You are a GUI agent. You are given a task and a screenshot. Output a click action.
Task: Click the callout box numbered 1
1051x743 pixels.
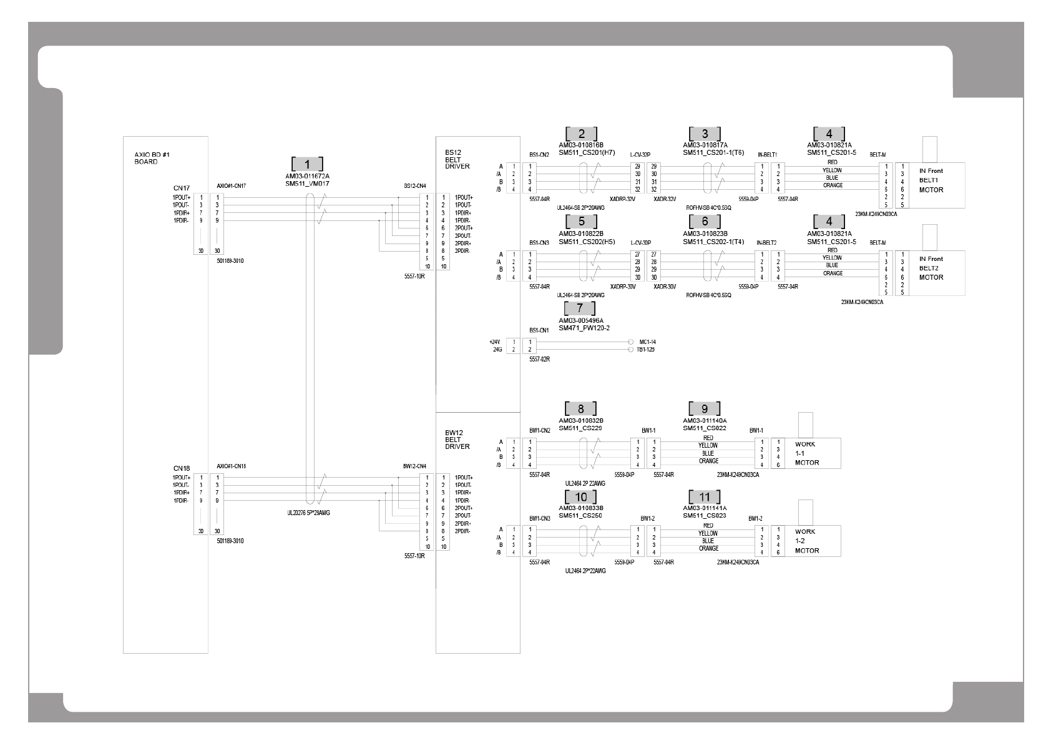click(307, 164)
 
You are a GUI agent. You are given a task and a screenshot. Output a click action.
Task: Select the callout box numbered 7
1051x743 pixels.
click(580, 308)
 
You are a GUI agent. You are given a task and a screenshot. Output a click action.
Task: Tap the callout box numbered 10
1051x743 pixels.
click(580, 497)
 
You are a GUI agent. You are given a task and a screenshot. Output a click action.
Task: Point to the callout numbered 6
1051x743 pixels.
click(705, 222)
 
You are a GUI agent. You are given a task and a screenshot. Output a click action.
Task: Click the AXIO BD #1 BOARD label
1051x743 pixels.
click(147, 158)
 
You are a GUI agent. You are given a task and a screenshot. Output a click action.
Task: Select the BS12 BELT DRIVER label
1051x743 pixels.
click(457, 159)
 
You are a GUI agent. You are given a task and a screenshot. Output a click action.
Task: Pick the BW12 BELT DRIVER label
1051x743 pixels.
click(457, 439)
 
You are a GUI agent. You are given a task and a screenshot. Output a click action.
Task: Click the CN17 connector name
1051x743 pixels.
click(182, 187)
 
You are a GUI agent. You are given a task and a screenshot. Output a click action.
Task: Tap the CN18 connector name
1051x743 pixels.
click(182, 468)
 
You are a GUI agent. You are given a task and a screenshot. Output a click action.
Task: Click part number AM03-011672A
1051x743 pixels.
click(307, 176)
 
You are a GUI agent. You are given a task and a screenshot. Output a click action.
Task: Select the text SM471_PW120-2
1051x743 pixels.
click(584, 328)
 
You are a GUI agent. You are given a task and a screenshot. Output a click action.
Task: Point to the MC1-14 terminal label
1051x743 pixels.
click(647, 342)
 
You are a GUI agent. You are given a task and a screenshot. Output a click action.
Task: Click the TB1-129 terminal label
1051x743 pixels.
click(647, 350)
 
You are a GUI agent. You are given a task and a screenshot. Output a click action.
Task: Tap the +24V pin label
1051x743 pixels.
click(495, 342)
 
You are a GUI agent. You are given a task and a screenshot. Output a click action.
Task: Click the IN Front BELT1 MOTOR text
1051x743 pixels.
click(931, 180)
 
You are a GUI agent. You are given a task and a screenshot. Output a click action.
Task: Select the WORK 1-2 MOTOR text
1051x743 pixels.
click(806, 541)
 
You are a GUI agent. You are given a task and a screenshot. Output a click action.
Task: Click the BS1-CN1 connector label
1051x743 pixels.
click(539, 330)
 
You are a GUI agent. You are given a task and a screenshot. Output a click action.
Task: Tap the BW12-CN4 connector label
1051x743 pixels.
click(414, 466)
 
